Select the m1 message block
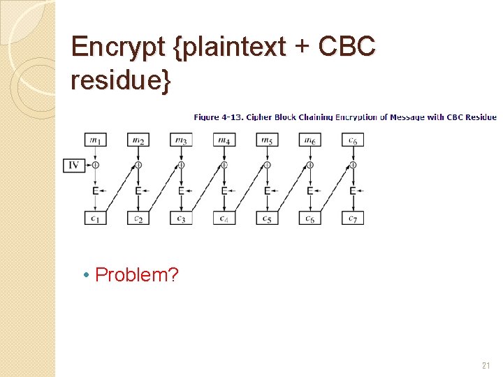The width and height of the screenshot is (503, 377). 95,140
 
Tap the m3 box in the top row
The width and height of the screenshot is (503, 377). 181,140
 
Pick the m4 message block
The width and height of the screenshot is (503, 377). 224,140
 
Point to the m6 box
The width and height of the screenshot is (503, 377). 309,140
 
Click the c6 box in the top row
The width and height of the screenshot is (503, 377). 353,140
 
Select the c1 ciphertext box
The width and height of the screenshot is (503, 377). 95,218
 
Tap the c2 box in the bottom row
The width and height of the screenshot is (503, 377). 138,218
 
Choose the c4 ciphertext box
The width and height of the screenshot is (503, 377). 224,218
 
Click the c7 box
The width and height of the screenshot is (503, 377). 353,218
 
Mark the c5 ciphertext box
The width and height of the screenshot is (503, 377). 267,218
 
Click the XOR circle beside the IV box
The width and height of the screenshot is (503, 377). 95,165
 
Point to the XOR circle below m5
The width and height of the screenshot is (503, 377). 267,165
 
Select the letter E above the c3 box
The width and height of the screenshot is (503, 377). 181,191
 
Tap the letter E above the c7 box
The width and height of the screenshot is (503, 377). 353,191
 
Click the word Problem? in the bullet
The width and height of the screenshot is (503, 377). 137,275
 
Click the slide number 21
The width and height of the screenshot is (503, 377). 486,365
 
